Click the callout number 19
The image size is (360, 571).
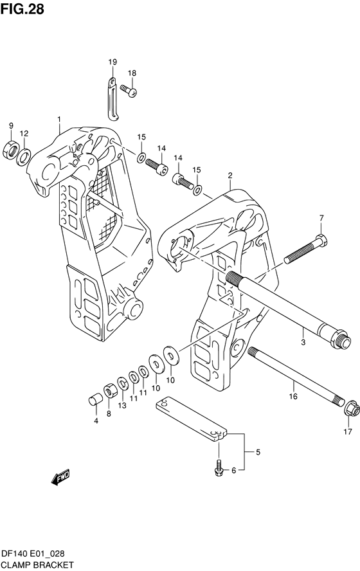pos(112,62)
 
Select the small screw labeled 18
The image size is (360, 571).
pos(132,93)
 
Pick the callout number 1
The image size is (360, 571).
pos(59,119)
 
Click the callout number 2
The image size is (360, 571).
pos(230,174)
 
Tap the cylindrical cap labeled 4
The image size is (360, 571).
pos(94,401)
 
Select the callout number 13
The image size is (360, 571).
pos(122,405)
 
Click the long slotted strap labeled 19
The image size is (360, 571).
pos(111,100)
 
